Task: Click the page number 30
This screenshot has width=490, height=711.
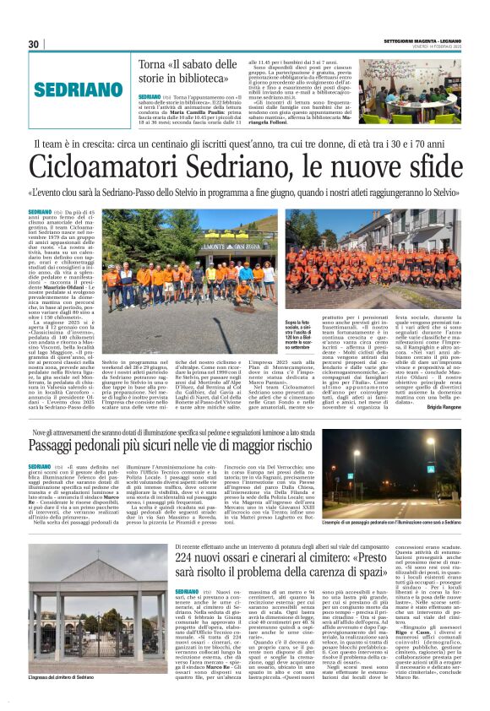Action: coord(34,44)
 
